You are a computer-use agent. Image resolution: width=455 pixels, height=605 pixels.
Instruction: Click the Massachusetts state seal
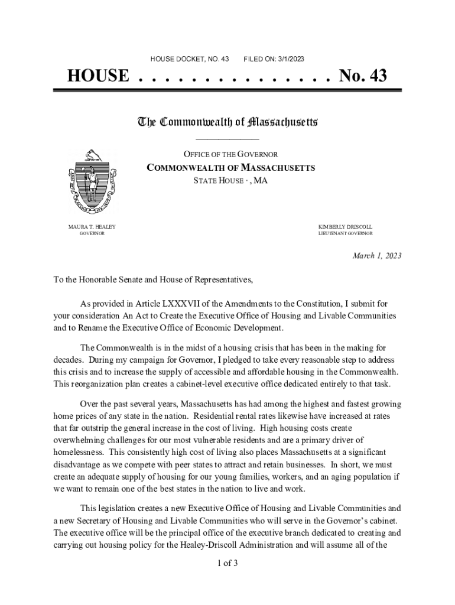click(92, 181)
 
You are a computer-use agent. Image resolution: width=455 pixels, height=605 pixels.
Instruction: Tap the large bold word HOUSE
click(97, 76)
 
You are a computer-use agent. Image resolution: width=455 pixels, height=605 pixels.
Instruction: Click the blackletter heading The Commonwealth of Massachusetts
click(227, 122)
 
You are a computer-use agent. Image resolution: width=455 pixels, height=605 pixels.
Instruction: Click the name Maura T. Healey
click(92, 227)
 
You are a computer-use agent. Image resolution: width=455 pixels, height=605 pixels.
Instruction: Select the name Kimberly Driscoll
click(346, 227)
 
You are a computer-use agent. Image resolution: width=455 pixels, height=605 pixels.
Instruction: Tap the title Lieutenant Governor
click(346, 234)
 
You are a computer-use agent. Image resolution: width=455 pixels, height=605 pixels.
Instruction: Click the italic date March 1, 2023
click(377, 256)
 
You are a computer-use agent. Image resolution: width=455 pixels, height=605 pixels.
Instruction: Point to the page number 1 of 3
click(227, 562)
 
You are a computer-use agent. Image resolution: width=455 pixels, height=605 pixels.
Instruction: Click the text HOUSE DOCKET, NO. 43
click(190, 59)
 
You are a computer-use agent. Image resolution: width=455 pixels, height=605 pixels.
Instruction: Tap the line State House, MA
click(230, 181)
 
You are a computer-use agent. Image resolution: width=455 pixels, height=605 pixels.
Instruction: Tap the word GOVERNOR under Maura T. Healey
click(92, 234)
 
